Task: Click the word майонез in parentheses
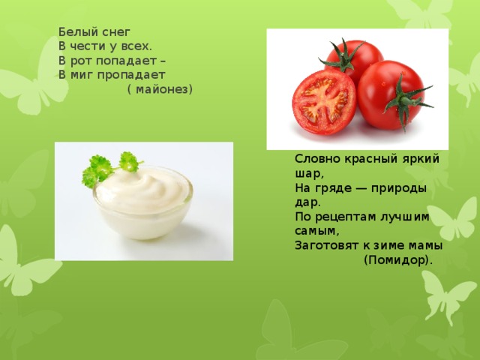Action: [x=162, y=90]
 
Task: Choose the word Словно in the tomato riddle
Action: [x=318, y=159]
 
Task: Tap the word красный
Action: [x=371, y=160]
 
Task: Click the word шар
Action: [x=307, y=174]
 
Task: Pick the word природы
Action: [x=399, y=188]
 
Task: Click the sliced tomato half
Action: [x=324, y=102]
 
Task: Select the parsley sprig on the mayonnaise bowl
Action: [x=110, y=168]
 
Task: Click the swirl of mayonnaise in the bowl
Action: [x=142, y=190]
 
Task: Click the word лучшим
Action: [x=404, y=217]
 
